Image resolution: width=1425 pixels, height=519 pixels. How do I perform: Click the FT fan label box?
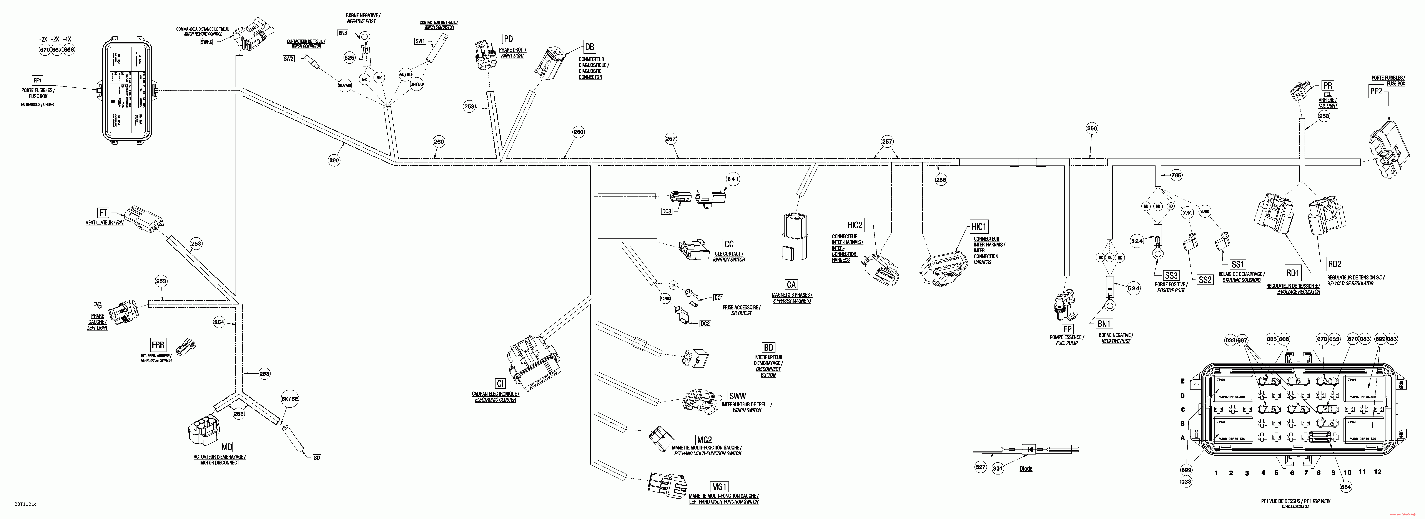click(x=103, y=213)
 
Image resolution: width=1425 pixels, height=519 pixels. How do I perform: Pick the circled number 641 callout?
click(x=733, y=179)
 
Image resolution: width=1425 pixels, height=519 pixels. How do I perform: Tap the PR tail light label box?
click(x=1328, y=85)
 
